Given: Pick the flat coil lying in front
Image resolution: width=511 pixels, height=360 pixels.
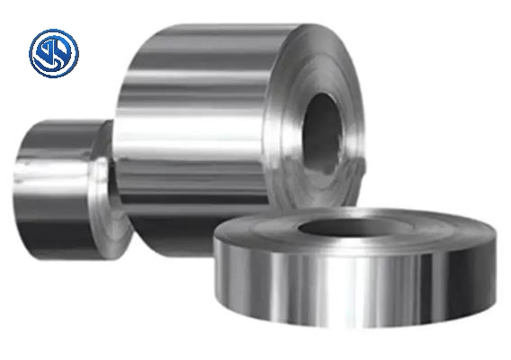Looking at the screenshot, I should (x=360, y=270).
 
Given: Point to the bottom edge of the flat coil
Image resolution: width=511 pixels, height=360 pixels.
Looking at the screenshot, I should (x=360, y=325).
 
